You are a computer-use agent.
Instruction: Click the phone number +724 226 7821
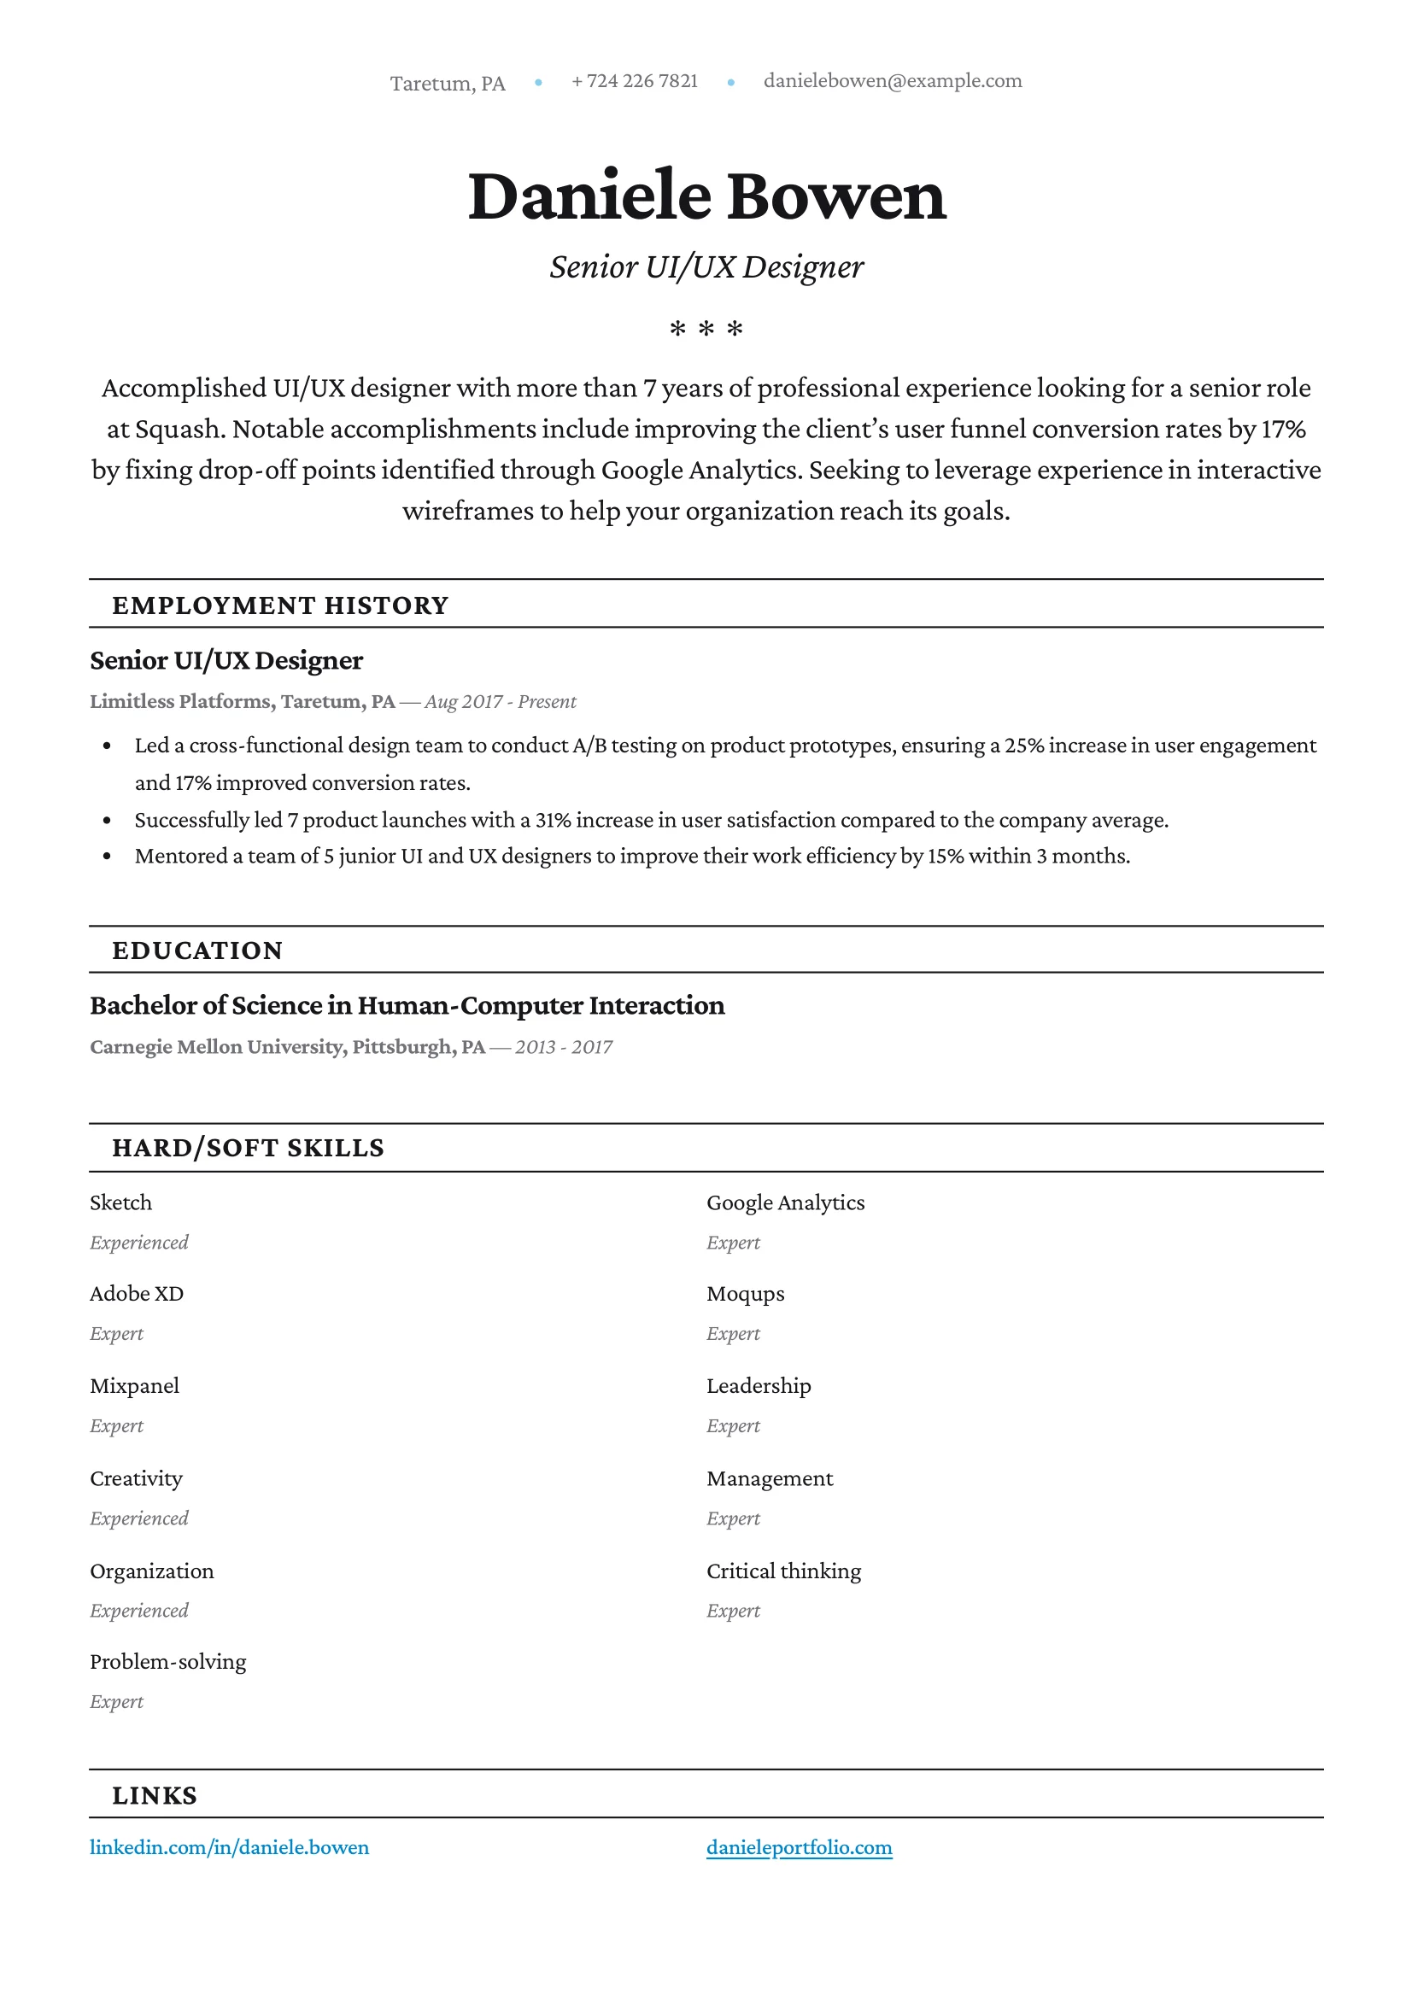point(635,81)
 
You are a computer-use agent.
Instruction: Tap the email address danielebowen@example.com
point(892,81)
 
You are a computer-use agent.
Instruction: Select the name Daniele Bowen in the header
point(706,196)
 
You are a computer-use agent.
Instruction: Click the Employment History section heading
point(280,605)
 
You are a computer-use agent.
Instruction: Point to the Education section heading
point(197,951)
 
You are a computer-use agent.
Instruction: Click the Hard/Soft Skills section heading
point(248,1148)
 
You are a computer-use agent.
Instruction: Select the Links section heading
point(155,1795)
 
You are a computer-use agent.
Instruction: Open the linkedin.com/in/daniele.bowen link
point(230,1847)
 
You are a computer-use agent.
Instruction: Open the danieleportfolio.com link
point(799,1847)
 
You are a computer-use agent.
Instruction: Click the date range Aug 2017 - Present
point(500,701)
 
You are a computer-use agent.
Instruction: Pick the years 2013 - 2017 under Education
point(564,1047)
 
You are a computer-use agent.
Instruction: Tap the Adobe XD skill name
point(137,1294)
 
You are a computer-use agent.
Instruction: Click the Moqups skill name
point(745,1294)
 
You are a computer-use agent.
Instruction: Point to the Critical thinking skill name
point(783,1571)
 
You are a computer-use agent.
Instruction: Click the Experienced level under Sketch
point(139,1243)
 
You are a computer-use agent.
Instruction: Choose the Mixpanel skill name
point(135,1385)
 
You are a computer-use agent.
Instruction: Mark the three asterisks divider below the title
point(706,330)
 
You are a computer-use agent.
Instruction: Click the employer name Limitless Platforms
point(180,701)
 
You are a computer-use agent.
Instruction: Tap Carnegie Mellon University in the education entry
point(216,1047)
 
